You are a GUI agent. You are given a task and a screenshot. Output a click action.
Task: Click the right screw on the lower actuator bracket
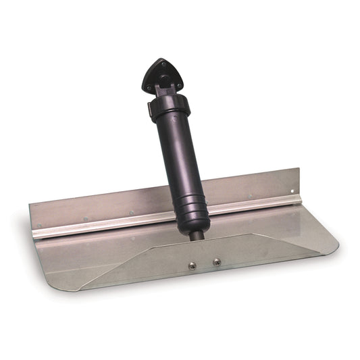[x=217, y=261]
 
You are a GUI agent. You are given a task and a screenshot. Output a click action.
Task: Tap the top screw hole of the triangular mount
[x=159, y=65]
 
